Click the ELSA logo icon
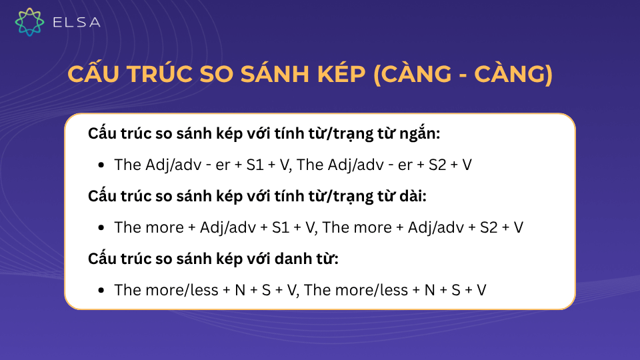click(x=29, y=22)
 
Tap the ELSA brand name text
click(x=76, y=23)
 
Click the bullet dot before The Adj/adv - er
click(x=101, y=165)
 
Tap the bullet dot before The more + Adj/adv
click(x=101, y=228)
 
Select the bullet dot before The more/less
click(x=101, y=291)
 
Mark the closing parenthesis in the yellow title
click(x=548, y=75)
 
